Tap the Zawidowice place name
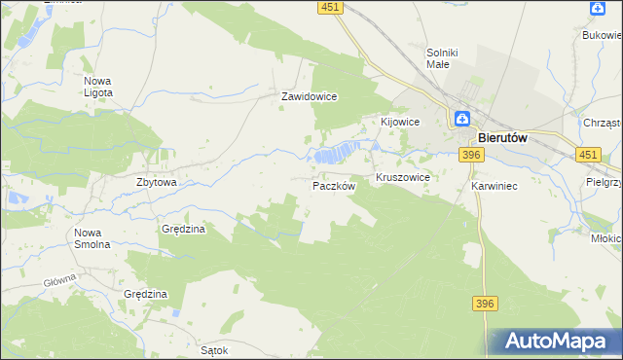309,97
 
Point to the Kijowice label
399,122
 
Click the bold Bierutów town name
502,139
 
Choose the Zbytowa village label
156,182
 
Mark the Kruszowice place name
403,180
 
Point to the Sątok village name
213,350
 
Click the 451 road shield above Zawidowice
330,8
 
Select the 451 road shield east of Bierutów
587,155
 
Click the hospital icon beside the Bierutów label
462,120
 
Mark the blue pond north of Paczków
333,154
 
